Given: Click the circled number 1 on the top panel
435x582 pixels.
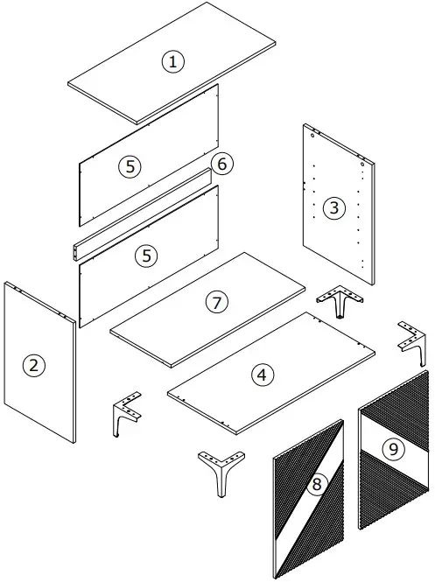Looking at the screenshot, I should pos(173,61).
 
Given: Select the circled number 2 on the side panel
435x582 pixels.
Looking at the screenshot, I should pos(33,365).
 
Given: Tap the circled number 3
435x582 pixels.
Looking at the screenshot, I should pos(333,207).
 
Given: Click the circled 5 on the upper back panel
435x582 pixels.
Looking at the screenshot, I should pos(129,165).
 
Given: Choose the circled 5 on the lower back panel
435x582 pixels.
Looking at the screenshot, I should pos(148,255).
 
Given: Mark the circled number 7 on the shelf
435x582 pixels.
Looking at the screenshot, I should pos(216,302).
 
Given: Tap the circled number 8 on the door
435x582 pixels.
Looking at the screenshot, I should pos(317,484).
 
